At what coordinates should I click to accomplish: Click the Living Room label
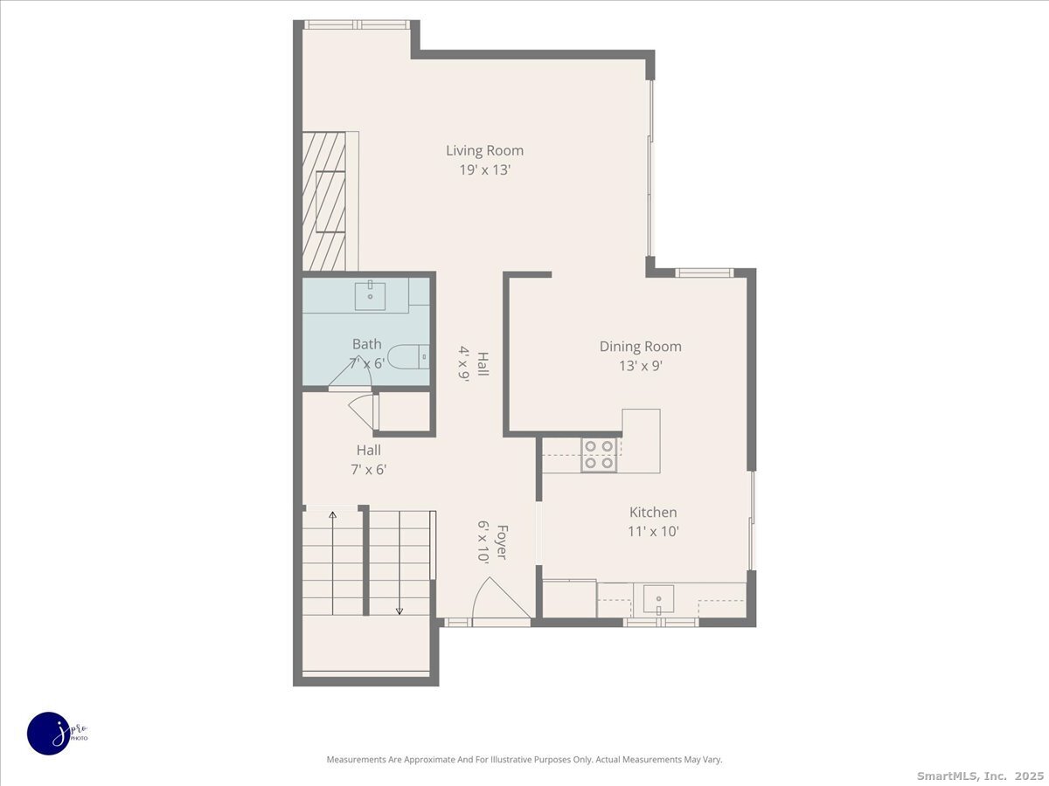[484, 150]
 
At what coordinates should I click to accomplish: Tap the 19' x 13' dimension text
[484, 170]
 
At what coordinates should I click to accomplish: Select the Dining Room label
[640, 347]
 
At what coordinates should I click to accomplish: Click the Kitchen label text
[653, 513]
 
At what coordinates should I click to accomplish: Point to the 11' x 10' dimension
[653, 531]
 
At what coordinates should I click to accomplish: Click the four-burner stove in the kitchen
[599, 455]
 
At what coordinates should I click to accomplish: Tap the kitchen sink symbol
[658, 599]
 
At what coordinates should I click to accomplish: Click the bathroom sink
[371, 295]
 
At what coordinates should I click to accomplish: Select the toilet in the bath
[407, 356]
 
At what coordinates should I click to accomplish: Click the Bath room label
[366, 344]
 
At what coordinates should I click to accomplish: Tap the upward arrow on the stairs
[332, 517]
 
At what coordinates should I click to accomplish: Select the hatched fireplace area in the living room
[324, 202]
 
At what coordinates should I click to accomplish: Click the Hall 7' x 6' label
[368, 459]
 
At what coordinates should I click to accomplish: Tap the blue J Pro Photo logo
[49, 732]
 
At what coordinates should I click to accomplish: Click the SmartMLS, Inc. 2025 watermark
[979, 776]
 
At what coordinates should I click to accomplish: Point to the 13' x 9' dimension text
[640, 366]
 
